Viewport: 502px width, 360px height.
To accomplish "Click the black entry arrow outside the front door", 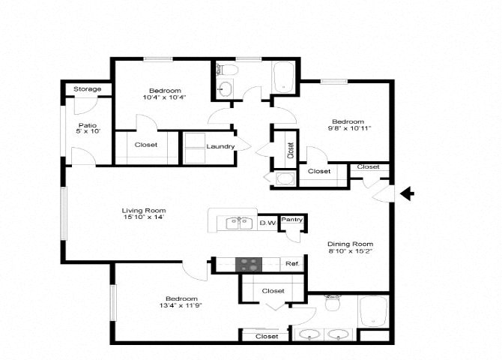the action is tap(407, 194).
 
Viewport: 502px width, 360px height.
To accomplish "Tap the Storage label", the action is tap(88, 89).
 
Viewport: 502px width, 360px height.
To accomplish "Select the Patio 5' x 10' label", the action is tap(88, 128).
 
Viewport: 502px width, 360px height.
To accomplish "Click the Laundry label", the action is tap(220, 146).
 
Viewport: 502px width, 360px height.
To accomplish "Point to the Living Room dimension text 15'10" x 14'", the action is tap(144, 217).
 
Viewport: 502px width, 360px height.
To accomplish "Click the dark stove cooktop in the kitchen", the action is tap(249, 265).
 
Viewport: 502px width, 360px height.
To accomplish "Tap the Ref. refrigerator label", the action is tap(293, 263).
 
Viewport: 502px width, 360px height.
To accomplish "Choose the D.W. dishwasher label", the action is tap(267, 223).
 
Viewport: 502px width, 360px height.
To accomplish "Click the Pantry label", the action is tap(292, 220).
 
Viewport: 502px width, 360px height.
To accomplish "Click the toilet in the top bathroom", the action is tap(227, 69).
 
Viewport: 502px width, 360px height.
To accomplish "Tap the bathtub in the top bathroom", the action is tap(283, 77).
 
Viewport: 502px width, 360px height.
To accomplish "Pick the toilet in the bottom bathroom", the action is tap(332, 303).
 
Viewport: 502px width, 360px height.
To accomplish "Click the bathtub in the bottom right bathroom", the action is tap(373, 311).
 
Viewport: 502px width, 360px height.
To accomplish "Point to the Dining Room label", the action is tap(350, 244).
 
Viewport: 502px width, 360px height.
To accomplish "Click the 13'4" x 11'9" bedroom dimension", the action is tap(181, 305).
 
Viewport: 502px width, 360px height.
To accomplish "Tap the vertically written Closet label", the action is tap(291, 150).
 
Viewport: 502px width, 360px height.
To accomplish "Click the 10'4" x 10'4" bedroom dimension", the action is tap(165, 97).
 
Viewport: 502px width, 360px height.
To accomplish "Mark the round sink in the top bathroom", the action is tap(226, 88).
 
